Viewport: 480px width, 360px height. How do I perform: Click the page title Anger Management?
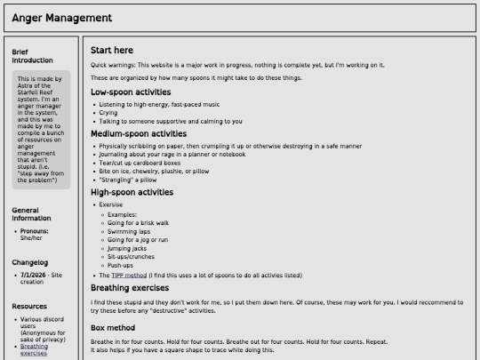pos(62,18)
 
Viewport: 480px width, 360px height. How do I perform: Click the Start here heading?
pos(112,51)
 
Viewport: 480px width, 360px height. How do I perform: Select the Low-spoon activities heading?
pos(131,92)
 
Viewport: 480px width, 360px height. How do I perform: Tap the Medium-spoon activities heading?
pos(139,133)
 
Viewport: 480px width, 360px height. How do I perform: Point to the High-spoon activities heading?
pos(132,191)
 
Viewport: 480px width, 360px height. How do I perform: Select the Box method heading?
pos(113,328)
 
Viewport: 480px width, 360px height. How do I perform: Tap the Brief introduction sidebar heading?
pos(32,56)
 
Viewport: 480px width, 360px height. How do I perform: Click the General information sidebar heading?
pos(31,214)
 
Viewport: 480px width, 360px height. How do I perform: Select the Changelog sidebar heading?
pos(29,262)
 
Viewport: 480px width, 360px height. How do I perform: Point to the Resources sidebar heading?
pos(29,306)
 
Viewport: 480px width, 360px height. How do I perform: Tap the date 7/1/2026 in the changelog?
pos(33,276)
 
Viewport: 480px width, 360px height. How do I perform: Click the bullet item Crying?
pos(108,113)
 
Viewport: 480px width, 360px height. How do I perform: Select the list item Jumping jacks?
pos(127,249)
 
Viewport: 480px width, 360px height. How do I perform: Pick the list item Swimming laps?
pos(129,231)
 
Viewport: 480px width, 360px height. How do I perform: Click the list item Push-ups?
pos(121,265)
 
